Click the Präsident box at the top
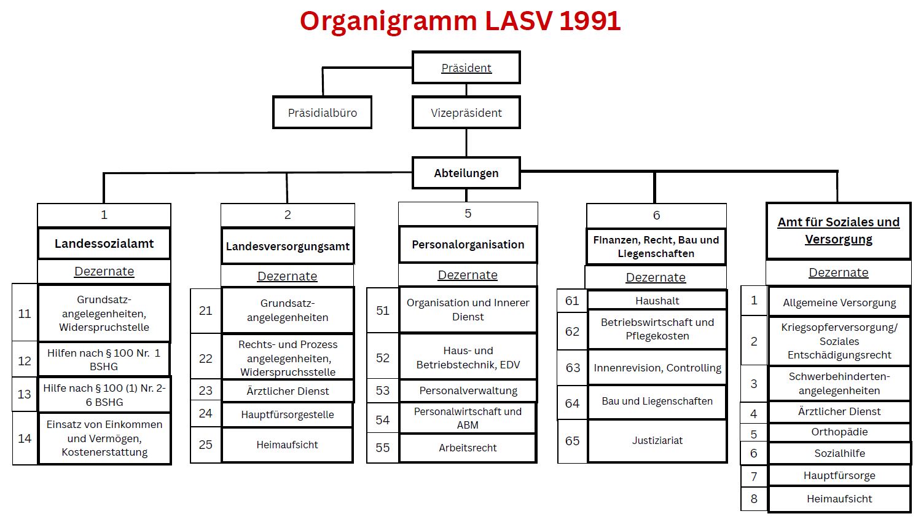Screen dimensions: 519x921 [466, 68]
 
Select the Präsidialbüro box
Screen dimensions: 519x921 [323, 113]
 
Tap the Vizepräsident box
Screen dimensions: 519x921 [466, 113]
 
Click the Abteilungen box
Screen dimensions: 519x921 [466, 173]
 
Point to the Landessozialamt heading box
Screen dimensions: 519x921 [104, 244]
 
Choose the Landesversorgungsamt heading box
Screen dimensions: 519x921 [288, 247]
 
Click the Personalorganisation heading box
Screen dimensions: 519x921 [468, 245]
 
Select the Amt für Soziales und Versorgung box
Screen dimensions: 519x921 [838, 231]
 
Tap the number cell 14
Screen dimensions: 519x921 [25, 438]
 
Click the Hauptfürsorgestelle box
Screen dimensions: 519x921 [288, 414]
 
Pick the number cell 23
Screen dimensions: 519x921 [206, 390]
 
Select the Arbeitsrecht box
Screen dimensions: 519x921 [468, 448]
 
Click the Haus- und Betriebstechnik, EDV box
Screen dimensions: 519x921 [468, 357]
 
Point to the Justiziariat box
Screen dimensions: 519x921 [657, 440]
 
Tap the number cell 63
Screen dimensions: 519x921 [573, 368]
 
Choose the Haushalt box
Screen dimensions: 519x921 [657, 301]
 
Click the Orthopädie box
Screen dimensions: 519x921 [839, 432]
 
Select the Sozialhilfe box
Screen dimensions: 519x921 [839, 453]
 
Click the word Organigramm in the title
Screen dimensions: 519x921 [388, 21]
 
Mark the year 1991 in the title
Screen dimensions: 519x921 [590, 21]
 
